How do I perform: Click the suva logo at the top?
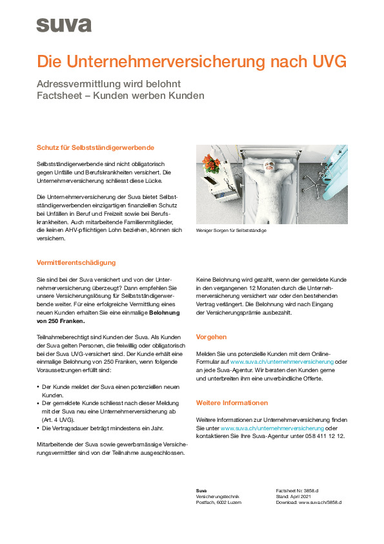64,25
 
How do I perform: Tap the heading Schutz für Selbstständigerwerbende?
96,148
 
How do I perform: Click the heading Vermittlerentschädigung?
76,262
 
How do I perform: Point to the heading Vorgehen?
211,337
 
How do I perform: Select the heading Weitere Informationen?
232,403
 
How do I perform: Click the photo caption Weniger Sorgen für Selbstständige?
231,231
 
